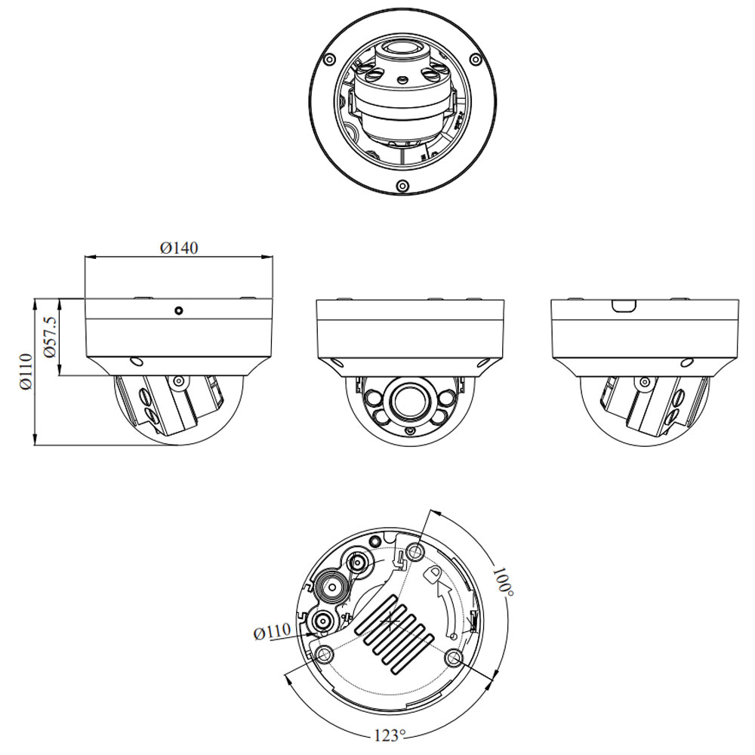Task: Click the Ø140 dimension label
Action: [179, 248]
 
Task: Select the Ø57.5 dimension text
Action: [50, 337]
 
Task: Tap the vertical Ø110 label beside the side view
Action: [26, 371]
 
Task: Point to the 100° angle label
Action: [503, 582]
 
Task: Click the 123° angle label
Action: [390, 735]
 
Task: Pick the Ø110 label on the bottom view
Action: [272, 631]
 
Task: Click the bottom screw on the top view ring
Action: [402, 186]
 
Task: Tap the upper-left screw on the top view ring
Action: [329, 59]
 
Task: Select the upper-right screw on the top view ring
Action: [475, 60]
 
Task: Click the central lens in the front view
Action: [410, 402]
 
